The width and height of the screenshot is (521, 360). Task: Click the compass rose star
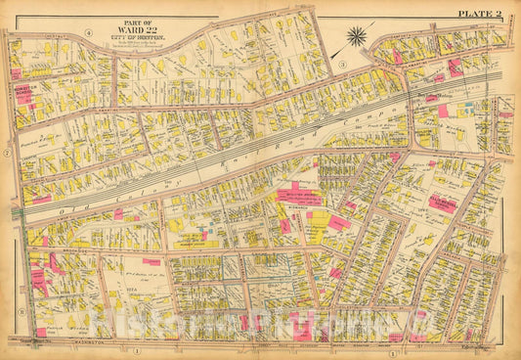click(357, 38)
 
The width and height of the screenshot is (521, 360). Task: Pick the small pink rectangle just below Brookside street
click(152, 261)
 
